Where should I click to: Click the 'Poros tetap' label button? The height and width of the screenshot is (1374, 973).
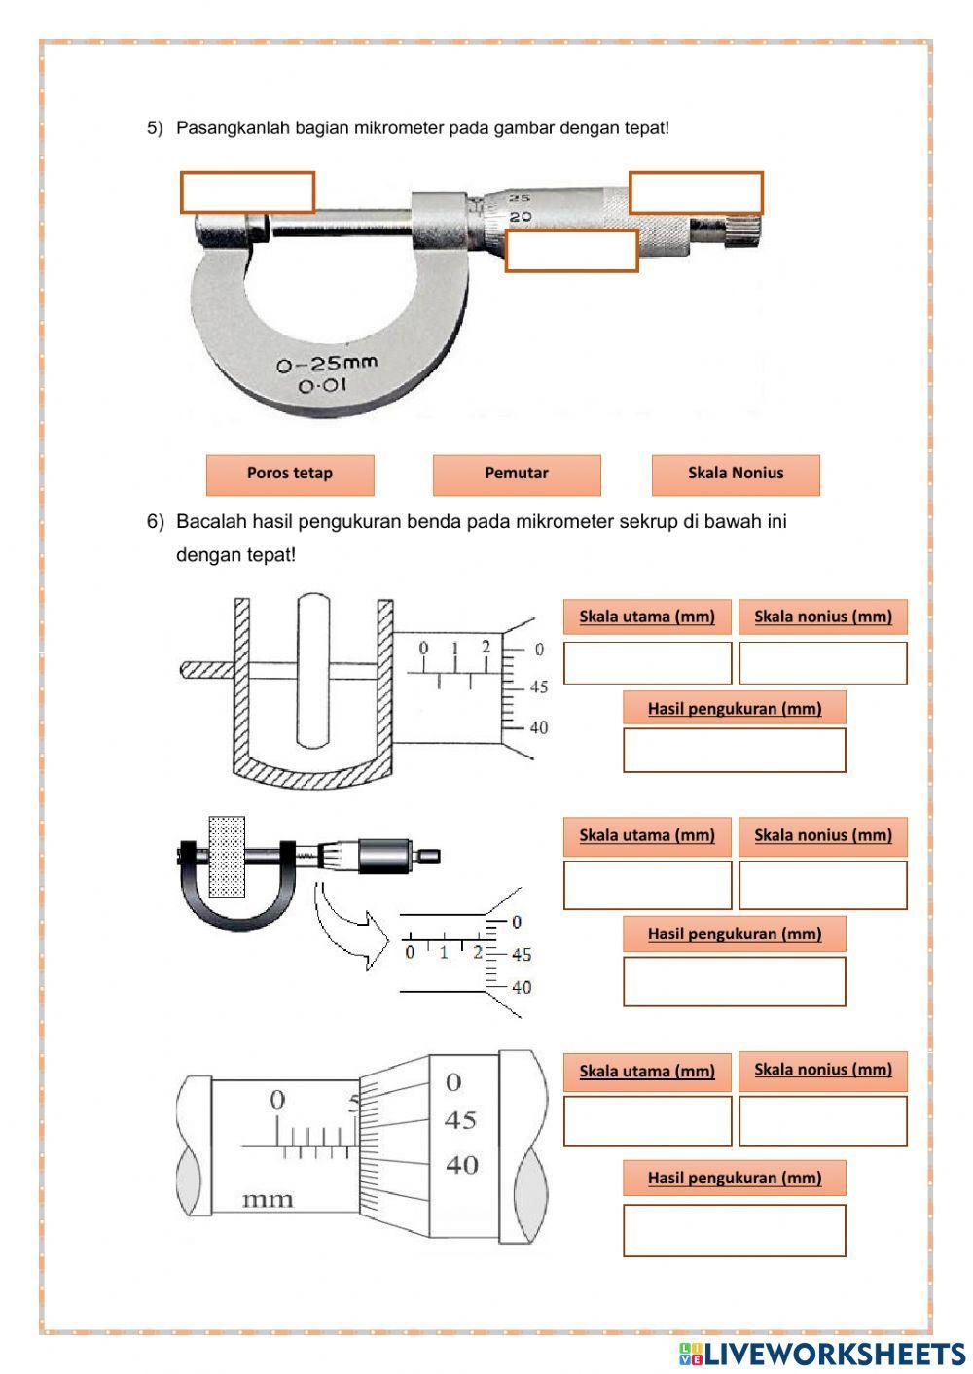(x=290, y=474)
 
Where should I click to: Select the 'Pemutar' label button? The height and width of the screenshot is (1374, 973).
(x=517, y=474)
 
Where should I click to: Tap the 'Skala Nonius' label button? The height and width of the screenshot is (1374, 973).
(x=736, y=474)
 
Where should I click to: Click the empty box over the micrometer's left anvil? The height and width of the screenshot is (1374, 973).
(x=247, y=193)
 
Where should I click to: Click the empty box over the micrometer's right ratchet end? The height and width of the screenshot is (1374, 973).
(x=696, y=193)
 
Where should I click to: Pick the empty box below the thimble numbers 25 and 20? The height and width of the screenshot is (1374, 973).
(x=571, y=251)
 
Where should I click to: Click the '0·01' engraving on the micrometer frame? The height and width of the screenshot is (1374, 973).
(x=322, y=386)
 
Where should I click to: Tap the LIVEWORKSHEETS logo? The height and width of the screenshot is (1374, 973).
(x=822, y=1353)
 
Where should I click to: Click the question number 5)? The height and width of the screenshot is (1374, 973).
(x=156, y=128)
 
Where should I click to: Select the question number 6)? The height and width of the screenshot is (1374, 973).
(x=156, y=522)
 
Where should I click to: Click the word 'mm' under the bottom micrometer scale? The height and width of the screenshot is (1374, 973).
(x=267, y=1199)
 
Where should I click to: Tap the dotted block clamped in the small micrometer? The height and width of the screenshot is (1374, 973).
(x=227, y=856)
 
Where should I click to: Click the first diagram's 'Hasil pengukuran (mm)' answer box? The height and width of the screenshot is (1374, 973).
(x=734, y=750)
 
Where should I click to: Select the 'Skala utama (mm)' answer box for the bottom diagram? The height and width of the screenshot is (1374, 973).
(x=647, y=1121)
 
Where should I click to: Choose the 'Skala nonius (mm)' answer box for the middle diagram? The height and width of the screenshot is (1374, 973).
(x=822, y=884)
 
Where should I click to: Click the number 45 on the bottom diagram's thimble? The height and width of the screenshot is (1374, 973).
(x=460, y=1120)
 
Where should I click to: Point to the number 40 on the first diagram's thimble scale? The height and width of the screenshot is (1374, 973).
(x=538, y=727)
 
